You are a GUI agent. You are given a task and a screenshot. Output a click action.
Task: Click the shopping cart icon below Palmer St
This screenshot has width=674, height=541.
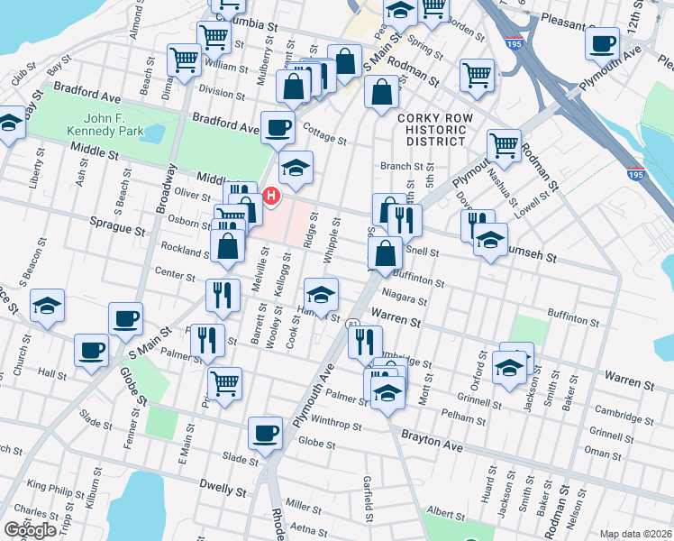[224, 382]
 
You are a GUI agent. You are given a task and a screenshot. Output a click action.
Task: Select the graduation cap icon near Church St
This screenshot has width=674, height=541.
[47, 306]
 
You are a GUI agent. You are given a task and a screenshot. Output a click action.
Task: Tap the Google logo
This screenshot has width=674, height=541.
[31, 529]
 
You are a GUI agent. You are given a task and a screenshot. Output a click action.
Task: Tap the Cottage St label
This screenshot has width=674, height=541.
[324, 139]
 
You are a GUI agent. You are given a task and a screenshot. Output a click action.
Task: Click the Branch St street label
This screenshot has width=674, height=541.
[401, 166]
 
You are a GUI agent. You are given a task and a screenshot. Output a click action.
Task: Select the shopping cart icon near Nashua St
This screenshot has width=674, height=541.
[504, 144]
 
